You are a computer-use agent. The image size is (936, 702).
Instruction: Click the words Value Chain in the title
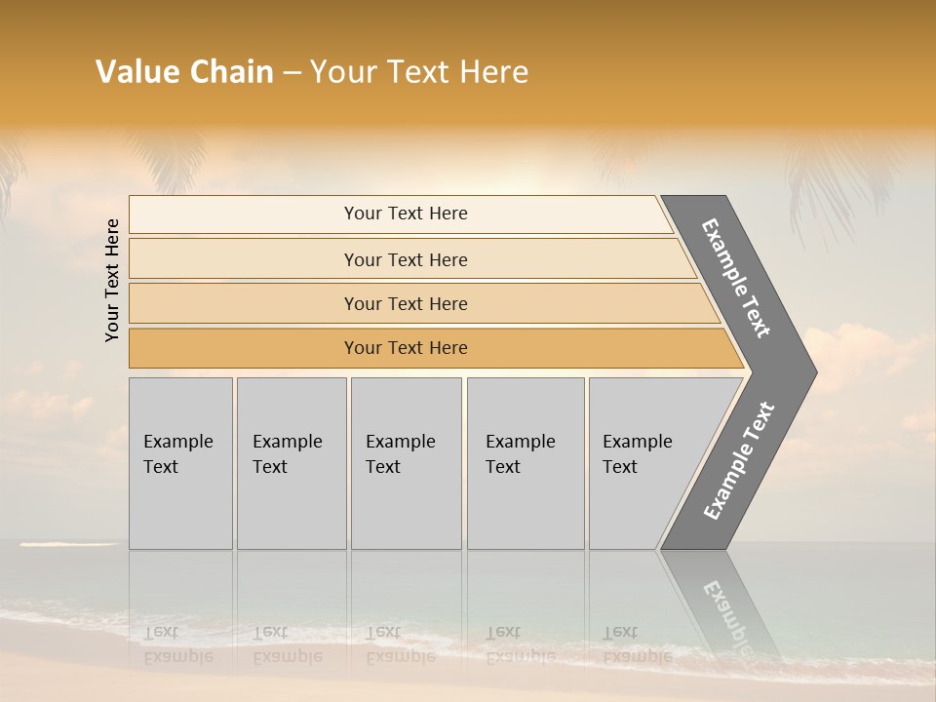(x=184, y=72)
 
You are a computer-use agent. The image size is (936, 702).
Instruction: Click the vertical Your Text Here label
(x=113, y=280)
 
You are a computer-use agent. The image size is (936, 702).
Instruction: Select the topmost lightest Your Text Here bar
(x=405, y=214)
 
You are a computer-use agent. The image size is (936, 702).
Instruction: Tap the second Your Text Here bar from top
(x=405, y=259)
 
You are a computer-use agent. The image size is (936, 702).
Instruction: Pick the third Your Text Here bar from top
(x=405, y=303)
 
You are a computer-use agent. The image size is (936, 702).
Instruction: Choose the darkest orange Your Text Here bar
(x=405, y=348)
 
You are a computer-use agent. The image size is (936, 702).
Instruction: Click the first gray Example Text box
(x=180, y=463)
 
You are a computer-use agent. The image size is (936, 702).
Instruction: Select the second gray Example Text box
(x=291, y=463)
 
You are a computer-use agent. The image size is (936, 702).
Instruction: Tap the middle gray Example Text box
(x=406, y=463)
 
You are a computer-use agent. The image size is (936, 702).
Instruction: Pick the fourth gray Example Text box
(x=525, y=463)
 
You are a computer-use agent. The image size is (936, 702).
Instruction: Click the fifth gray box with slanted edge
(x=643, y=463)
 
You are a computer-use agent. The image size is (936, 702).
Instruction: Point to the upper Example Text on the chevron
(x=737, y=278)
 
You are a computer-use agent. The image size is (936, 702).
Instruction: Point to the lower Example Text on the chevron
(x=738, y=460)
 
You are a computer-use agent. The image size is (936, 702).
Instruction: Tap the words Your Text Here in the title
(x=418, y=72)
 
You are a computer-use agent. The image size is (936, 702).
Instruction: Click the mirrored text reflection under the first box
(x=177, y=644)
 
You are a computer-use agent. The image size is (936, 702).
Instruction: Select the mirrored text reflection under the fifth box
(x=637, y=644)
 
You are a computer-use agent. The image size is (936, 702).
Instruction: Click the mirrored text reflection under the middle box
(x=400, y=644)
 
